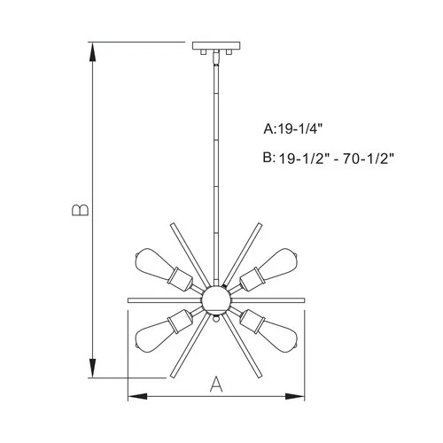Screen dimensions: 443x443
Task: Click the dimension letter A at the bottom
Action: click(x=214, y=384)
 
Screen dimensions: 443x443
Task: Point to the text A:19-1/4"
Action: click(x=299, y=129)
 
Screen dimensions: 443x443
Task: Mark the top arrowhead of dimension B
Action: click(x=94, y=48)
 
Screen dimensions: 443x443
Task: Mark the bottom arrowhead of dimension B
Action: click(x=94, y=371)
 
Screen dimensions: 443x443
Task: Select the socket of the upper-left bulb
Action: click(x=183, y=279)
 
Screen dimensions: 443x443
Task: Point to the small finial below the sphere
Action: click(x=215, y=323)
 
